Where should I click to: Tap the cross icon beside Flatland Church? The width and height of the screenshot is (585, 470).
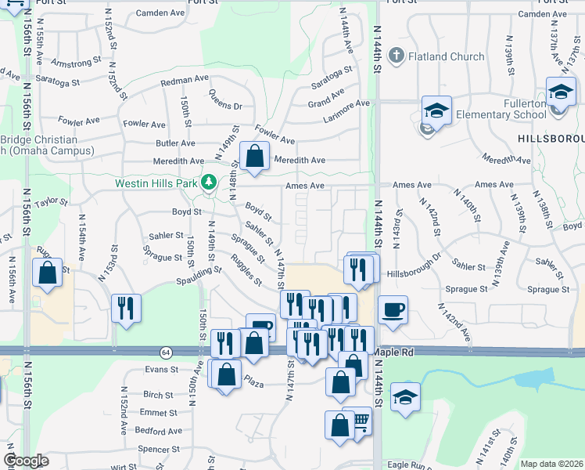pos(397,56)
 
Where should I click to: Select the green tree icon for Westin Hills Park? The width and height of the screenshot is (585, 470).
pos(208,183)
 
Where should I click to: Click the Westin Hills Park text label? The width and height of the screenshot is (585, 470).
pos(156,183)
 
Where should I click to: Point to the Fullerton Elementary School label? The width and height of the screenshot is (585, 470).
pos(514,109)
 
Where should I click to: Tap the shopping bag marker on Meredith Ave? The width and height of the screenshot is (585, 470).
pos(254,156)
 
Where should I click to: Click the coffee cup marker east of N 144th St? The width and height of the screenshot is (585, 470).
pos(393,309)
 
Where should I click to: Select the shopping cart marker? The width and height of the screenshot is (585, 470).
pos(359,421)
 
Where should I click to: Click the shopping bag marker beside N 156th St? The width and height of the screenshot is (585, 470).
pos(48,273)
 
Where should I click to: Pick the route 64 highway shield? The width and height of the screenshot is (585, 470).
pos(165,352)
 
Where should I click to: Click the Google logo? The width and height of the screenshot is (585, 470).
pos(26,461)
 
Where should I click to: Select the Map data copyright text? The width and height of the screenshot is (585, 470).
pos(551,464)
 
